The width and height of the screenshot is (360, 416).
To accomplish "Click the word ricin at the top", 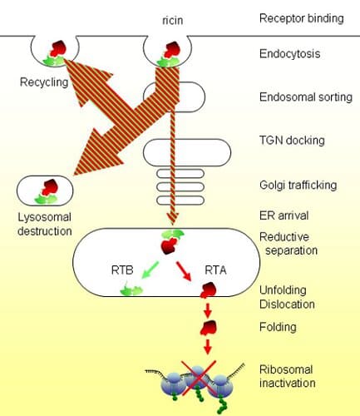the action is click(x=172, y=20).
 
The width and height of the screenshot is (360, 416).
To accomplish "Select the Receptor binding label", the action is click(x=302, y=18).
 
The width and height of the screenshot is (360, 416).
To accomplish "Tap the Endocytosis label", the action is click(x=289, y=53).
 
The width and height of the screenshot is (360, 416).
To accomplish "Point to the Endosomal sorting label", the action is click(x=306, y=97).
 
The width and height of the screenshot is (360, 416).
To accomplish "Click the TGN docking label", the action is click(x=292, y=141).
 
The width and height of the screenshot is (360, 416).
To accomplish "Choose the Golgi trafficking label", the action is click(x=298, y=185).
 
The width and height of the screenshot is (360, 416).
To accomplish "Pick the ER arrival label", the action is click(x=284, y=215).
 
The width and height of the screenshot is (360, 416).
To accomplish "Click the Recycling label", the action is click(x=44, y=82).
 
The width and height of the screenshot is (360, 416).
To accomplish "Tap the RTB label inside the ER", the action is click(x=122, y=270).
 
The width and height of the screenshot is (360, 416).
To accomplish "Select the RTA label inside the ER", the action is click(x=215, y=270).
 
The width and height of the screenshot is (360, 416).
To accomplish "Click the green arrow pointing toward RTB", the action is click(x=150, y=270).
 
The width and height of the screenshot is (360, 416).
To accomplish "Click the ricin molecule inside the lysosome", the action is click(x=47, y=191).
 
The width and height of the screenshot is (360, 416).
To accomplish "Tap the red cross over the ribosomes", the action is click(x=198, y=377).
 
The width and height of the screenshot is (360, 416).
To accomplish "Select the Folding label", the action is click(x=278, y=327).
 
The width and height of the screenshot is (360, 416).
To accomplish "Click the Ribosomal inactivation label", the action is click(x=288, y=376).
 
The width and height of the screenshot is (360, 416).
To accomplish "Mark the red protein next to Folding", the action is click(x=209, y=328).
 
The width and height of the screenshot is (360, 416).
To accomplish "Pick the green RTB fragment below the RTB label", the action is click(x=131, y=289).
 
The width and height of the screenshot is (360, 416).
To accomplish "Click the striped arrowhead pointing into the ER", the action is click(x=172, y=219).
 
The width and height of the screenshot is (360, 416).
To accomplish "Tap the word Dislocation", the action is click(x=287, y=305).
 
